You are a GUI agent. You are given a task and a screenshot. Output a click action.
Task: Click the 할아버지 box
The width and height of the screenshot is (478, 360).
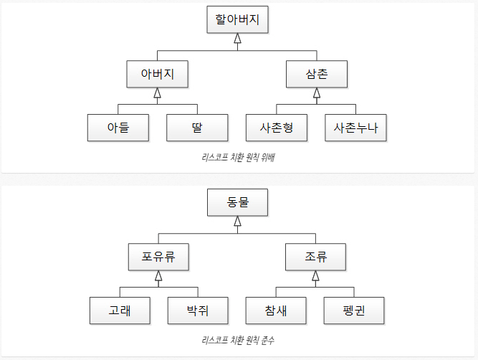pos(237,20)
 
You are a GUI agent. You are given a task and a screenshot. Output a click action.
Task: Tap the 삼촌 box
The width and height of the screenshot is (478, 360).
pos(316,74)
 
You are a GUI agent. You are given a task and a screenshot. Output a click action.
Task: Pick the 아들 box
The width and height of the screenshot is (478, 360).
pos(118,128)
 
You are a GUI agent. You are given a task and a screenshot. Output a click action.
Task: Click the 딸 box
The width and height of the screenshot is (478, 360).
pos(197,128)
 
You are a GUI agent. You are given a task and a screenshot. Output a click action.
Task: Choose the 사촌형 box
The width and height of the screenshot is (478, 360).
pos(276,128)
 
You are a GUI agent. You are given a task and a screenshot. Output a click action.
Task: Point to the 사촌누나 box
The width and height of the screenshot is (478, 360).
pos(355,128)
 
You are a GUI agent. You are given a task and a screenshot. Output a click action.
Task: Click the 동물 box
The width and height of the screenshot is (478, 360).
pos(237,202)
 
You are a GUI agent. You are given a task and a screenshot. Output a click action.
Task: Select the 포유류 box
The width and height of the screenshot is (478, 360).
pos(159,256)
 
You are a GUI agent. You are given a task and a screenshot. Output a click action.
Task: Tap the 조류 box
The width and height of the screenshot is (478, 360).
pos(316,256)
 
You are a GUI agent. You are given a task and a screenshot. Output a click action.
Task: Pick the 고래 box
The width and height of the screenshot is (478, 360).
pos(120,310)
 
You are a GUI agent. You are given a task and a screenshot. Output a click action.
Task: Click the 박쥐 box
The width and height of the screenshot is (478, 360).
pos(197,310)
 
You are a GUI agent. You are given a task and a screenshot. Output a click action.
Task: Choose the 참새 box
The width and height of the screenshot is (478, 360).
pos(276,310)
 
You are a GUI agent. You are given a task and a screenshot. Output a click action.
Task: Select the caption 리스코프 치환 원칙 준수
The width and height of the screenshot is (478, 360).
pos(239,340)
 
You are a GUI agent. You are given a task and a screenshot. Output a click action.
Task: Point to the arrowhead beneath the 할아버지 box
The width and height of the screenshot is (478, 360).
pos(237,39)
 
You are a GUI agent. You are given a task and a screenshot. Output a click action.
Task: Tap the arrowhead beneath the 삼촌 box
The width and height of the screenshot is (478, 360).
pos(316,93)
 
